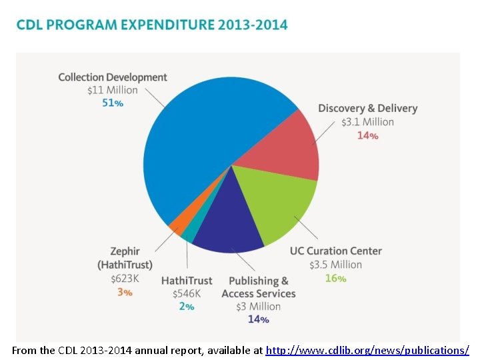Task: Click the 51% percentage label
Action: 112,103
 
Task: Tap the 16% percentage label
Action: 335,278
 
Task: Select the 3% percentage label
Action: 124,291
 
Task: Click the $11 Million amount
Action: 112,90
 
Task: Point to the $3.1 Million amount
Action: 367,122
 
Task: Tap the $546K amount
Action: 186,293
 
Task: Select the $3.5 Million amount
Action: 335,265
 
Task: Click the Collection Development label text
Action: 112,77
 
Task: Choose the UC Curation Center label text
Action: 335,251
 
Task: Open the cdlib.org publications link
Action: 367,350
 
